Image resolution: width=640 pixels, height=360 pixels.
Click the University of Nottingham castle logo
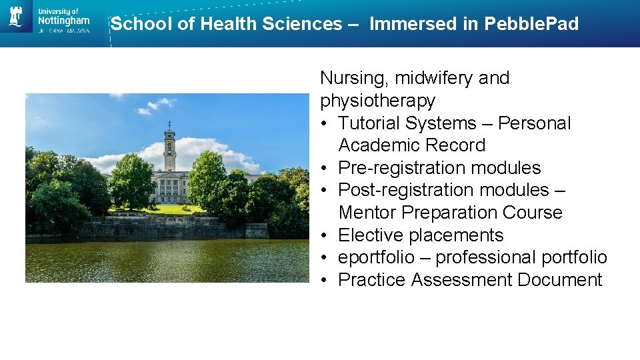[16, 16]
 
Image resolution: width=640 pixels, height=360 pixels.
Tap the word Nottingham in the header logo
[63, 21]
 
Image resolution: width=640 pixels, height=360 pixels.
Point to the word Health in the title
[229, 24]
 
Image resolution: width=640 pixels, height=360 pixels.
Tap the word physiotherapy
[377, 101]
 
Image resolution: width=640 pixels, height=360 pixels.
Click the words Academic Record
[411, 145]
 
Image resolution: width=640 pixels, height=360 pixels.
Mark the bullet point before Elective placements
[324, 235]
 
